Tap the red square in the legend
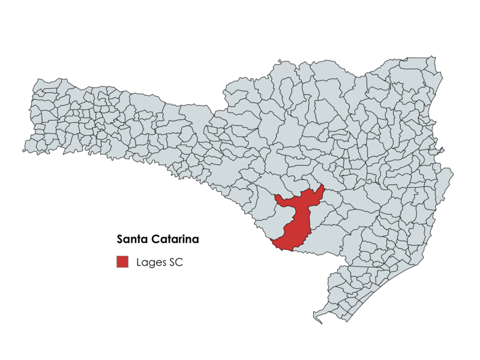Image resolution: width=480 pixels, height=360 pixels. pyautogui.click(x=122, y=262)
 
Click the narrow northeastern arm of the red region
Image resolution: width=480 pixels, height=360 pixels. pyautogui.click(x=319, y=192)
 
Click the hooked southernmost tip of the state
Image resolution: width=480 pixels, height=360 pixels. pyautogui.click(x=317, y=317)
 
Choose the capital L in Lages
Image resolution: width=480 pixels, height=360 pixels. pyautogui.click(x=139, y=262)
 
